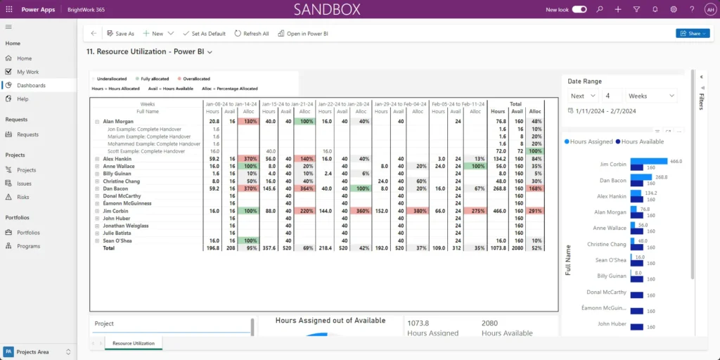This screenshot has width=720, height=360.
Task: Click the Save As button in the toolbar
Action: (120, 33)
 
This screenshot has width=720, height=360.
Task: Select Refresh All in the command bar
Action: (252, 33)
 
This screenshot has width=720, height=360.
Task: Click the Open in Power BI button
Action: (303, 33)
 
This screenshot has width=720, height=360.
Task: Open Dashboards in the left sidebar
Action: (32, 85)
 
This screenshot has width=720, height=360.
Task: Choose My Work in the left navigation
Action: (28, 72)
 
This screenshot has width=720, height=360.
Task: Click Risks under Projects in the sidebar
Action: (23, 197)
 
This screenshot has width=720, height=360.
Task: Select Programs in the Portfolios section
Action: (29, 246)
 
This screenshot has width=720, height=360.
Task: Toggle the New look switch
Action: (579, 10)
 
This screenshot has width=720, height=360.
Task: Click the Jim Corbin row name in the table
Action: (116, 210)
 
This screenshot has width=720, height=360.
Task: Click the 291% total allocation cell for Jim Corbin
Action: (534, 210)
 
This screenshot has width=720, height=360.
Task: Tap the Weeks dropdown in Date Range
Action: (651, 96)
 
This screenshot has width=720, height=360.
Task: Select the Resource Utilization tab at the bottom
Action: (134, 343)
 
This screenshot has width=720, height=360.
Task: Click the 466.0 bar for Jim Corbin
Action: (648, 161)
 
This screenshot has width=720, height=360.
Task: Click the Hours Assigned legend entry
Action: (589, 142)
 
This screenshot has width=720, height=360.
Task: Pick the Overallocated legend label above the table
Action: (196, 79)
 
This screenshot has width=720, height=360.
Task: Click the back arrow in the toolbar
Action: (94, 33)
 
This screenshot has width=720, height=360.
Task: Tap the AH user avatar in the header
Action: (710, 10)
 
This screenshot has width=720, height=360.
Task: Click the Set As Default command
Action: (204, 33)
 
